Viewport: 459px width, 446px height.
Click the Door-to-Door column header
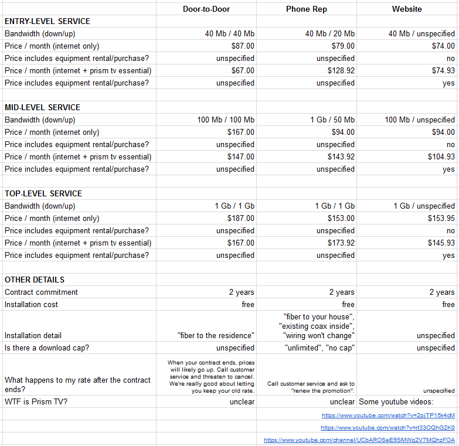coord(206,9)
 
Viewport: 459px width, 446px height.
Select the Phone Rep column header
coord(306,9)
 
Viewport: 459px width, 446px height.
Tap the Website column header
coord(407,9)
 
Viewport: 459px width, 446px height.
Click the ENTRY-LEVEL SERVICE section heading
coord(47,21)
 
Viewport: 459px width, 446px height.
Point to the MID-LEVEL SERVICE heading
coord(42,107)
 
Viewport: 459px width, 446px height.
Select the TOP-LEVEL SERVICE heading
coord(43,193)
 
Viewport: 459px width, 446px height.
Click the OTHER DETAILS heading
coord(35,280)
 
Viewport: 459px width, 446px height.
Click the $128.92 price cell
coord(341,70)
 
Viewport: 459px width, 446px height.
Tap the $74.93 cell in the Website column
coord(441,70)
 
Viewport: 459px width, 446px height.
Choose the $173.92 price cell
coord(341,243)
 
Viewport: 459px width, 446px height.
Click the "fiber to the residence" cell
coord(216,336)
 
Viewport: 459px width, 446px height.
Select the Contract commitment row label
coord(41,292)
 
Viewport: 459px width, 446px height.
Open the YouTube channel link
coord(359,440)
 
